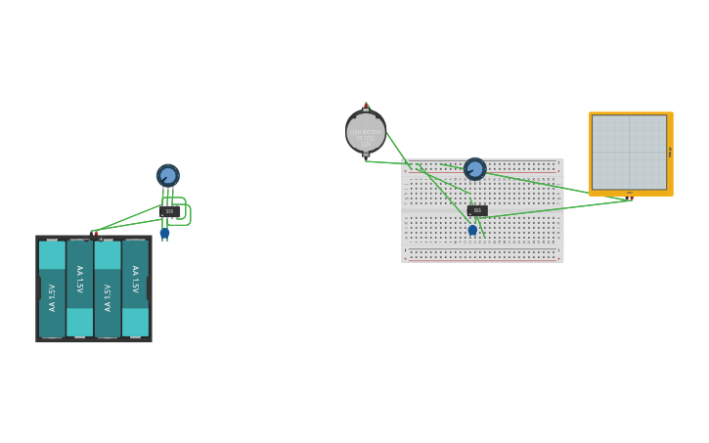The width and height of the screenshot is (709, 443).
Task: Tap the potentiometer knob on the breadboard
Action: (x=475, y=169)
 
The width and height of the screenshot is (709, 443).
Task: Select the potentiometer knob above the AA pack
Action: (x=168, y=175)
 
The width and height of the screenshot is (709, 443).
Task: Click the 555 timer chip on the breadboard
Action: (x=477, y=210)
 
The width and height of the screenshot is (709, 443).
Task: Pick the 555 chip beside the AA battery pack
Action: (x=169, y=211)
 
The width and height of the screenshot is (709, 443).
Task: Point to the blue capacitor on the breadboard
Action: (x=472, y=230)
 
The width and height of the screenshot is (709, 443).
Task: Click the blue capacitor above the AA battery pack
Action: (x=164, y=233)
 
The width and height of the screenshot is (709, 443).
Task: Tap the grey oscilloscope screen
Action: (x=629, y=152)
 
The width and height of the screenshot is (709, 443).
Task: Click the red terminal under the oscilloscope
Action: (x=631, y=197)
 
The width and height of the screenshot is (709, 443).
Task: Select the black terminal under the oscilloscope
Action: (x=625, y=196)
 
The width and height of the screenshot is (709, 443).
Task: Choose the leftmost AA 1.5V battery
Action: (x=52, y=289)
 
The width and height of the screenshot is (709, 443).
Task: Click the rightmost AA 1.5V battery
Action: (x=135, y=289)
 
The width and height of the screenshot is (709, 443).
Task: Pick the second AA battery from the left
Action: (x=80, y=289)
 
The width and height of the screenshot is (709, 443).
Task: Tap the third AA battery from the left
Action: (x=108, y=289)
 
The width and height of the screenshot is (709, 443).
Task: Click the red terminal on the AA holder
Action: (x=93, y=234)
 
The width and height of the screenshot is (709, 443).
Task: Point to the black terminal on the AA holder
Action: (x=100, y=238)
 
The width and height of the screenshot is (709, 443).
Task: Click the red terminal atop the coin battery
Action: (x=366, y=106)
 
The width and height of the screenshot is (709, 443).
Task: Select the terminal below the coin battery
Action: (x=366, y=155)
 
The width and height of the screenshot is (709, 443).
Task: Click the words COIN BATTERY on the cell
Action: (x=366, y=131)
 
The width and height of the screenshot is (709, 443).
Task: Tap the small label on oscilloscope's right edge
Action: (x=670, y=152)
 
